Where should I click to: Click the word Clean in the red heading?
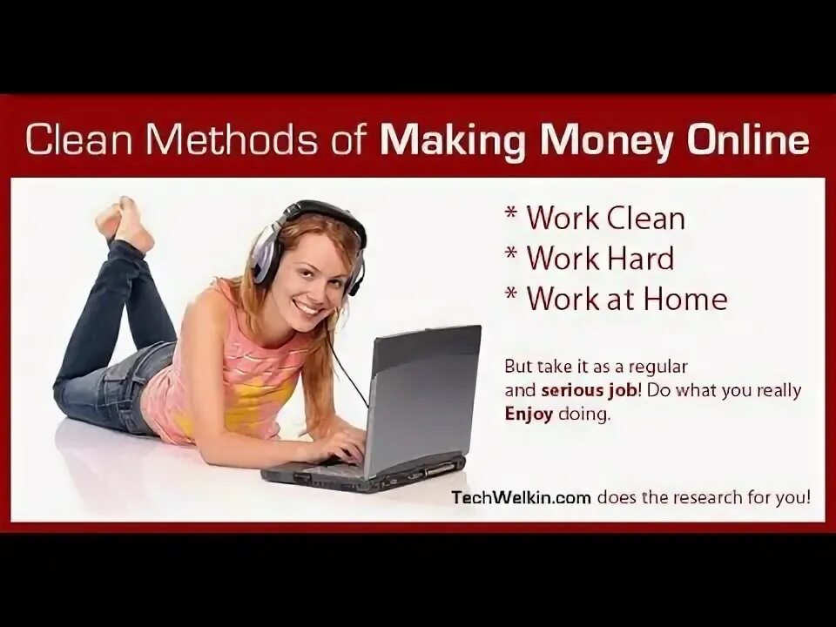79,139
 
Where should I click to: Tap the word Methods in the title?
233,139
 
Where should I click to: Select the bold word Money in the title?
606,140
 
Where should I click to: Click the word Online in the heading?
747,139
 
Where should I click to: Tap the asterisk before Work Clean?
511,214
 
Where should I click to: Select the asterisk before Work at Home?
511,294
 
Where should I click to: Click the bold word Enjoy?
529,415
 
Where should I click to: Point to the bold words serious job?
589,391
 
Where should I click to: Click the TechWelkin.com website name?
521,497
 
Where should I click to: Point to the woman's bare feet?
125,223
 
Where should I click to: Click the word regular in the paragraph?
658,367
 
